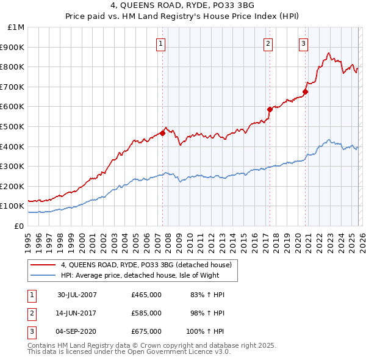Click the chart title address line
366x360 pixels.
183,7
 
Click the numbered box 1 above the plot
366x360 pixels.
160,43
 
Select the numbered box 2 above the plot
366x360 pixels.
268,43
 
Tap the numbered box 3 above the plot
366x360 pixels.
303,43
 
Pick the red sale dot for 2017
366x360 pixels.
269,109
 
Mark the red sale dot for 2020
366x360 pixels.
306,92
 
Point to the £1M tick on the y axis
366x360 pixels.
16,27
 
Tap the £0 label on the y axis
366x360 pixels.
18,226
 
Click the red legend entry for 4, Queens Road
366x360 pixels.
146,265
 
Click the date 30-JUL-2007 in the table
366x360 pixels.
77,295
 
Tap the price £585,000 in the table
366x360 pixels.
146,313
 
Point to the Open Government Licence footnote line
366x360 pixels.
129,351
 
